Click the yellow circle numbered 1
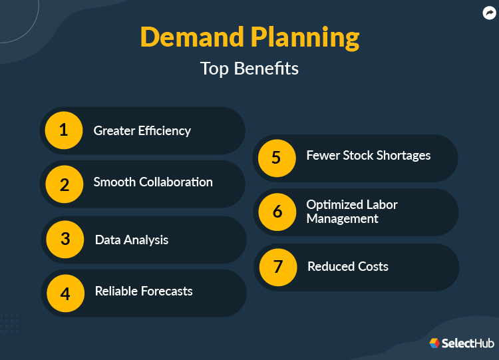point(64,130)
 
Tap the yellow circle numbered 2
point(64,184)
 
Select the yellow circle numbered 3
point(65,239)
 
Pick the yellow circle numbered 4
point(65,293)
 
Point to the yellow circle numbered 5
point(277,158)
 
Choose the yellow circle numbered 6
point(277,212)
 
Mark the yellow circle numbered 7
point(278,267)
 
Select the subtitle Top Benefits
point(249,69)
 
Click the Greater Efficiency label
point(142,130)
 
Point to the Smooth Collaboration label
point(153,182)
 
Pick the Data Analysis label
point(132,240)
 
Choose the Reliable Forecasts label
point(144,291)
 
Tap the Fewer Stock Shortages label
point(368,156)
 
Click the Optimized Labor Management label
point(351,211)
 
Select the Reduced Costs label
point(347,266)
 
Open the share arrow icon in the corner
point(489,13)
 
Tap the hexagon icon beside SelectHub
point(434,343)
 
